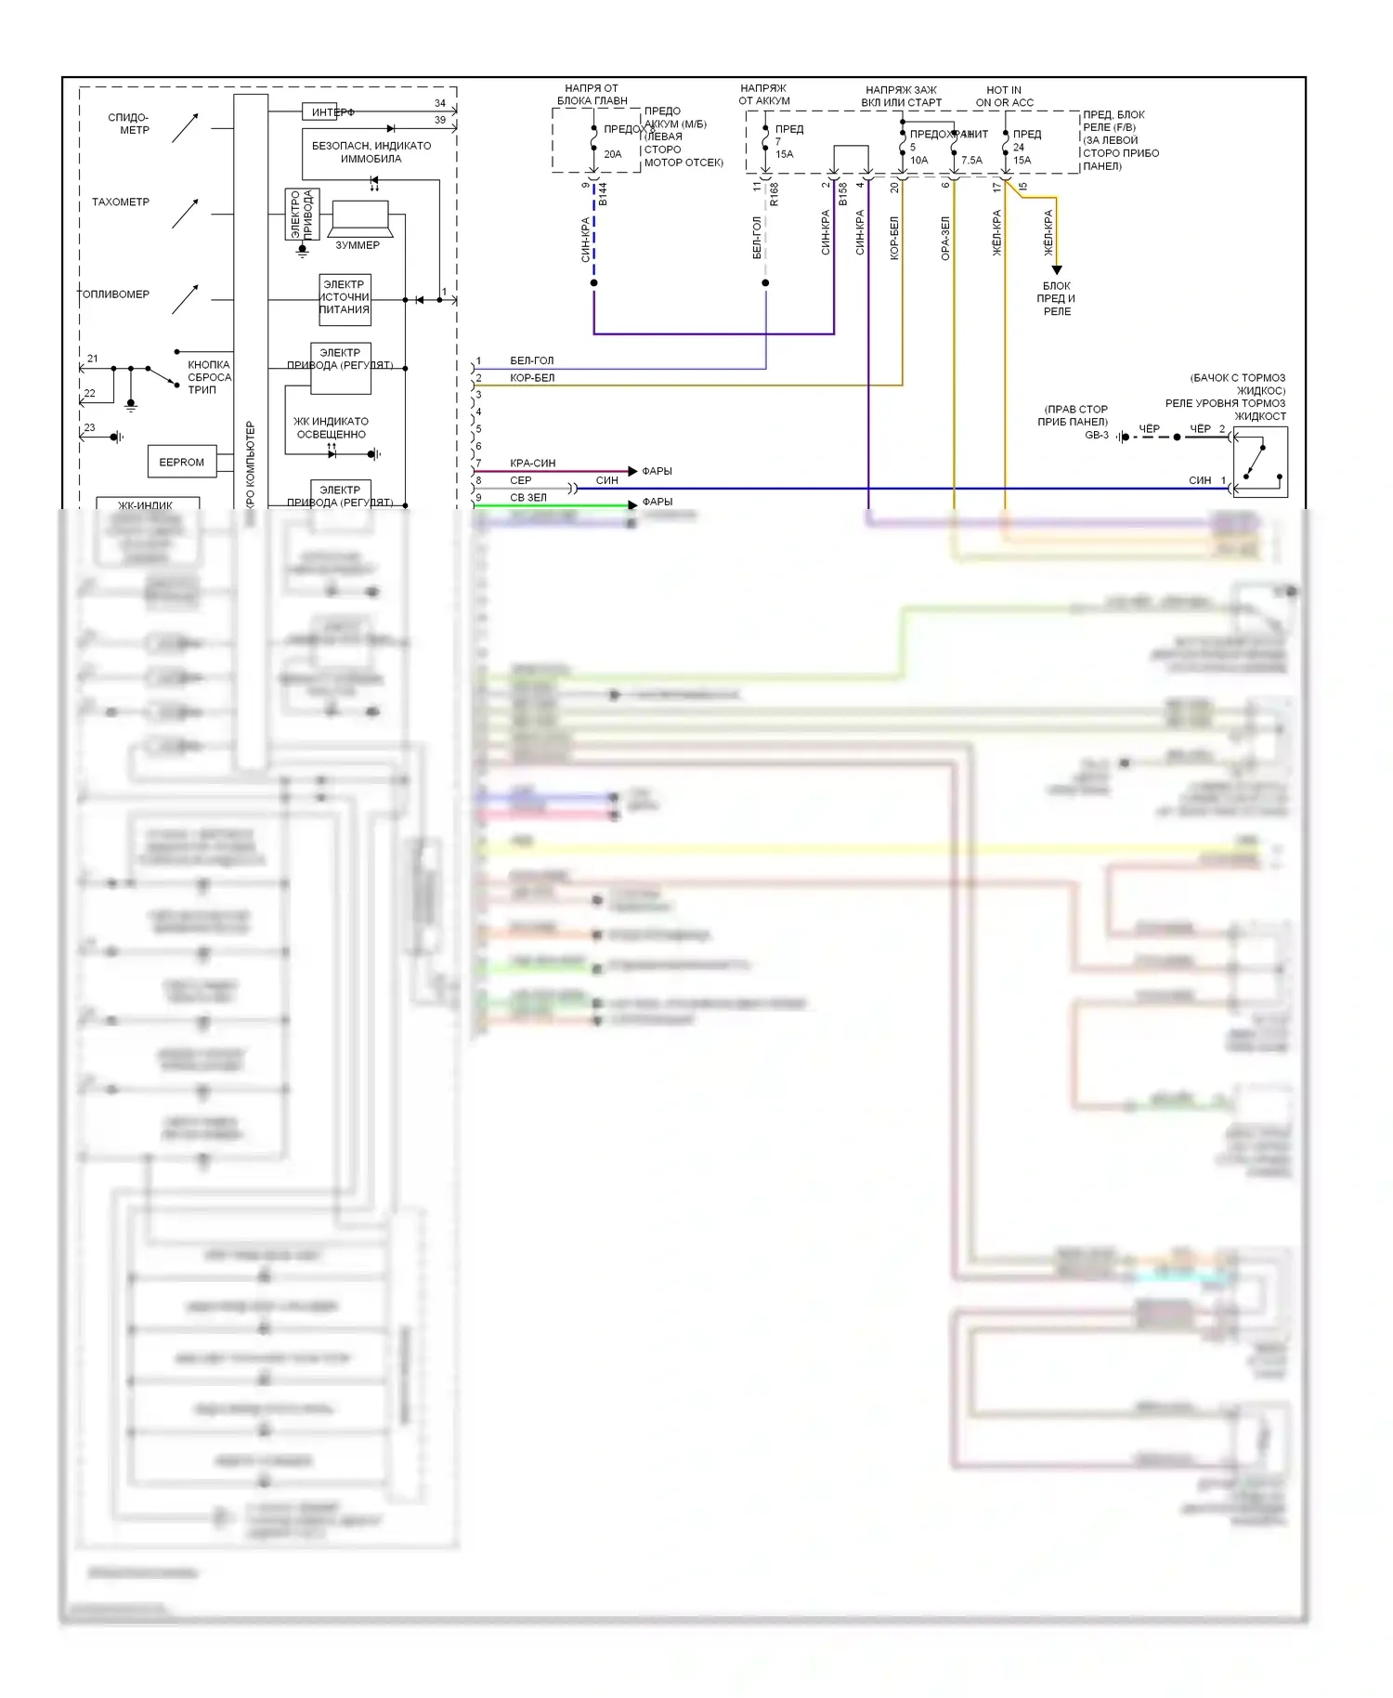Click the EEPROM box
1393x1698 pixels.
tap(181, 462)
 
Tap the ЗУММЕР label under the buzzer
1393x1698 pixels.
tap(358, 245)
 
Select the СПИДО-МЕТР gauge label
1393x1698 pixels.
tap(129, 124)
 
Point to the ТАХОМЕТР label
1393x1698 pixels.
tap(121, 202)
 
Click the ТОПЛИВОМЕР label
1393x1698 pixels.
tap(113, 294)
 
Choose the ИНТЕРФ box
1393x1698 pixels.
tap(320, 112)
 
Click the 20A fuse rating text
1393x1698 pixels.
tap(613, 154)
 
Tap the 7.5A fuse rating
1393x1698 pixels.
tap(971, 161)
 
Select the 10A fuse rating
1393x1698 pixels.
tap(918, 161)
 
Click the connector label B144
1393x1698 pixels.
tap(603, 194)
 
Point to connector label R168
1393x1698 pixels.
tap(774, 194)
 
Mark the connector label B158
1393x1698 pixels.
tap(842, 194)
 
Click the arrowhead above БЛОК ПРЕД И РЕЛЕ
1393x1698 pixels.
tap(1056, 270)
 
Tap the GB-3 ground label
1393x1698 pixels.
tap(1097, 435)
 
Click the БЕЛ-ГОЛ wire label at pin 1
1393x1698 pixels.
tap(531, 360)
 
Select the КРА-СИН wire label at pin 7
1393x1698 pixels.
tap(532, 463)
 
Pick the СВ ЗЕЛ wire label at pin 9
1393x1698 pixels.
tap(528, 498)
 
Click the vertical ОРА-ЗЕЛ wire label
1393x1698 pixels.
tap(945, 238)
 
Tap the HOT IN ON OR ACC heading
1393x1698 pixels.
tap(1004, 97)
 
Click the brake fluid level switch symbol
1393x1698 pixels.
tap(1259, 463)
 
